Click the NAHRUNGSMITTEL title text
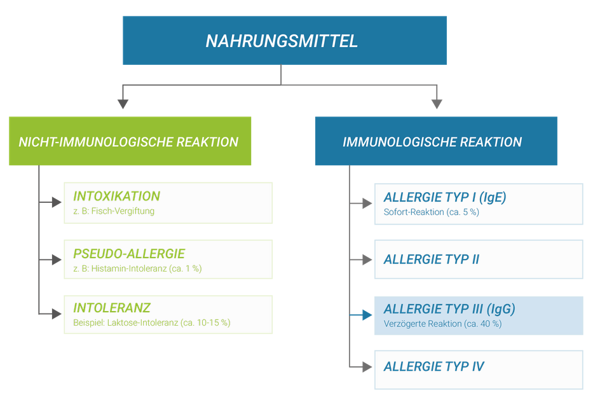[x=282, y=41]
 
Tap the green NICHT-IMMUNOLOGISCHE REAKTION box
[x=130, y=141]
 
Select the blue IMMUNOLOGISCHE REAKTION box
[x=436, y=141]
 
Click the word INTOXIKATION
[x=116, y=196]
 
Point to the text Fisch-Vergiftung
[x=123, y=211]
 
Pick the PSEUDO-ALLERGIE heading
[x=129, y=253]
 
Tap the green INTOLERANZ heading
[x=112, y=308]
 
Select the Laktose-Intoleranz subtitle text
[x=143, y=322]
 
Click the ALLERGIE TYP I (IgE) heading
[x=445, y=197]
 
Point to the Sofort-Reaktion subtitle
[x=414, y=212]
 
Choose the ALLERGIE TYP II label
[x=432, y=259]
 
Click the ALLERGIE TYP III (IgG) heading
[x=449, y=309]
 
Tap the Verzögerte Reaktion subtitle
[x=423, y=324]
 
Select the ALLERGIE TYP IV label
[x=434, y=366]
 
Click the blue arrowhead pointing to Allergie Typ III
[x=367, y=315]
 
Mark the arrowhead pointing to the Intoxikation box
[x=57, y=202]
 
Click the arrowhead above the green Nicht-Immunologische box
[x=123, y=104]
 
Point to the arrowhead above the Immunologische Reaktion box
[x=437, y=104]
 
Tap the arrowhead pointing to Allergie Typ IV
[x=367, y=367]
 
